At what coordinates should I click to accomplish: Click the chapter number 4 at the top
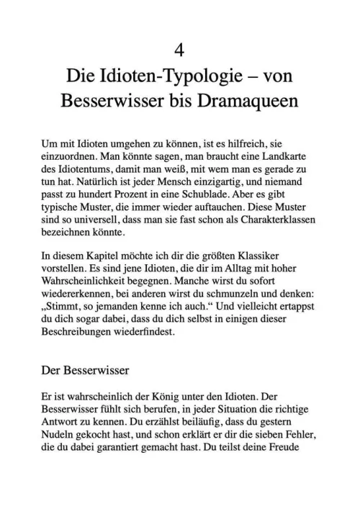coord(180,50)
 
